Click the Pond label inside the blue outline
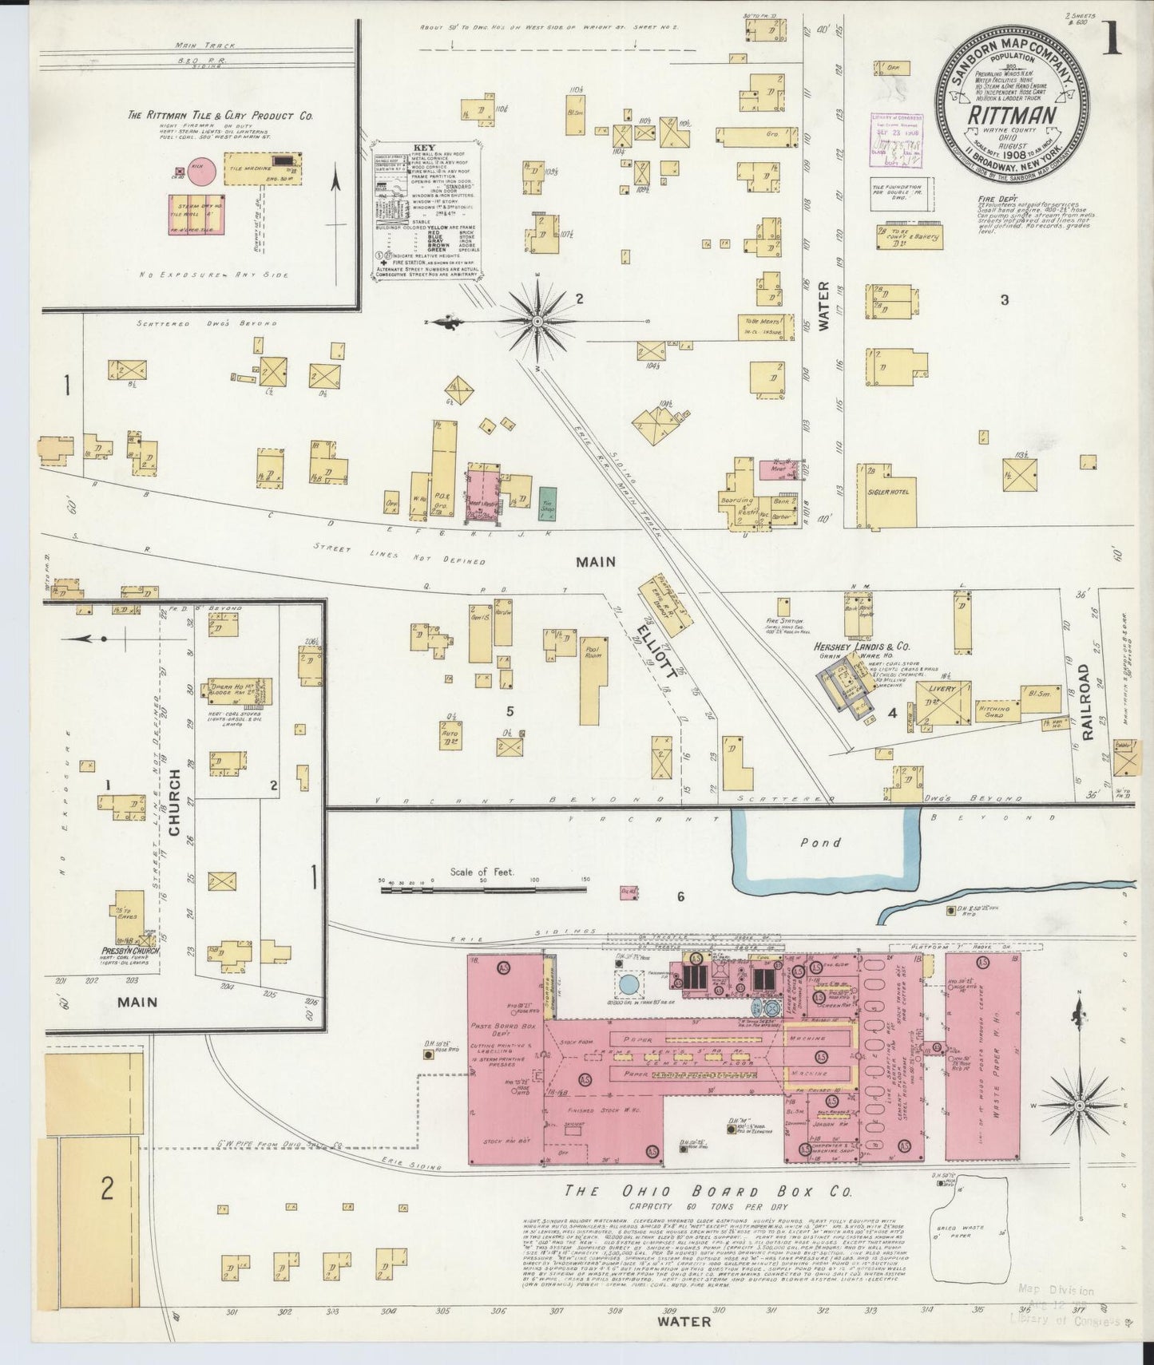821,842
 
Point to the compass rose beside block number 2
537,321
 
